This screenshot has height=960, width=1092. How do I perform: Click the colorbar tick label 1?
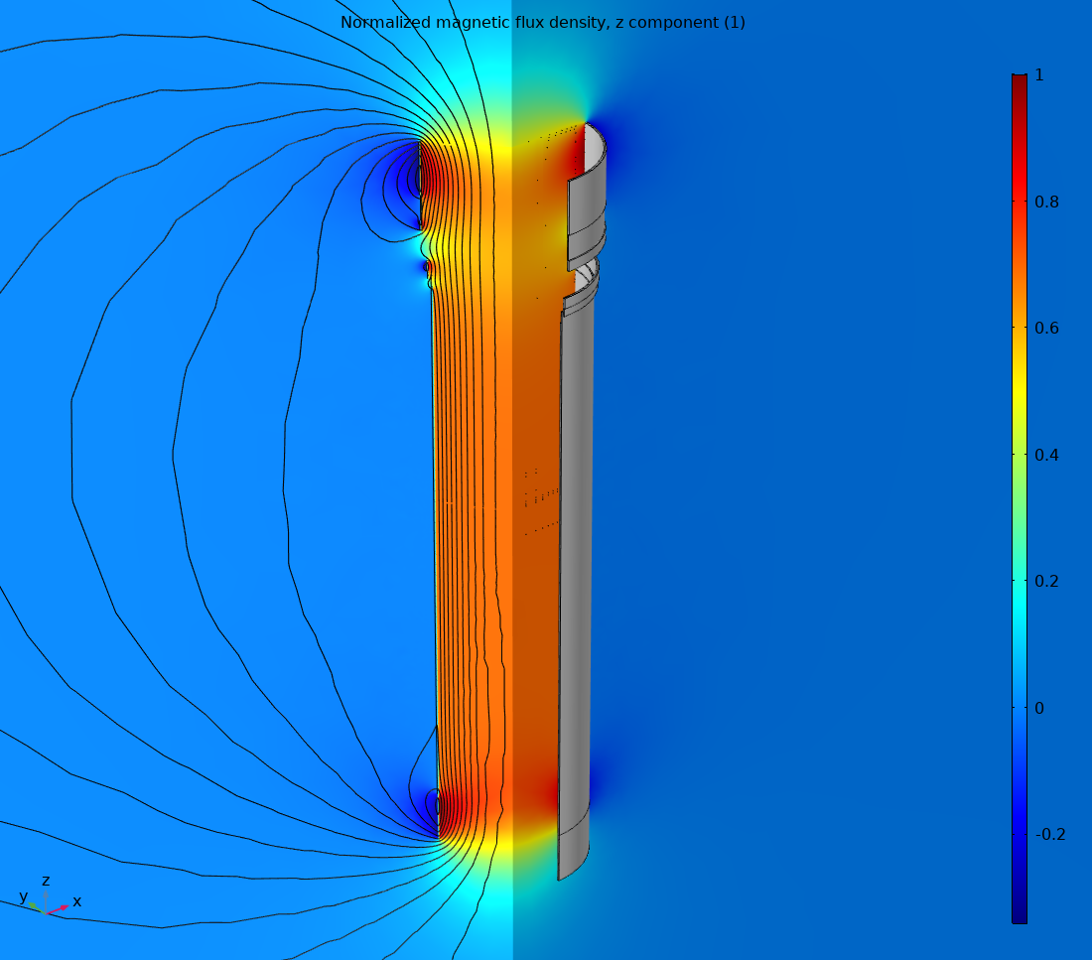pos(1038,75)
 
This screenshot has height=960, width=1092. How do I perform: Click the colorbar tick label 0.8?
pos(1045,202)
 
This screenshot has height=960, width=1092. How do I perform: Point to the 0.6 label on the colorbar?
pos(1045,329)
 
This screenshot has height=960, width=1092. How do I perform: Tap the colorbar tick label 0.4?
pos(1045,455)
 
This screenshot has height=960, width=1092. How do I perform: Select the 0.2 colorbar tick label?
pos(1045,581)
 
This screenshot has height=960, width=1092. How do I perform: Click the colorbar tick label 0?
pos(1038,708)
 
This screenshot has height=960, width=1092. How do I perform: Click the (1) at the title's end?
pos(734,22)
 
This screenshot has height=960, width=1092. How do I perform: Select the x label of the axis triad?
pos(76,901)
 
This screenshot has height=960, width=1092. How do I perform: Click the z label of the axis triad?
pos(46,881)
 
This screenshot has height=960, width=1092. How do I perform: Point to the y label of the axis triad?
pos(23,896)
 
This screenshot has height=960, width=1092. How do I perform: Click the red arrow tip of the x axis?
pos(66,906)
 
